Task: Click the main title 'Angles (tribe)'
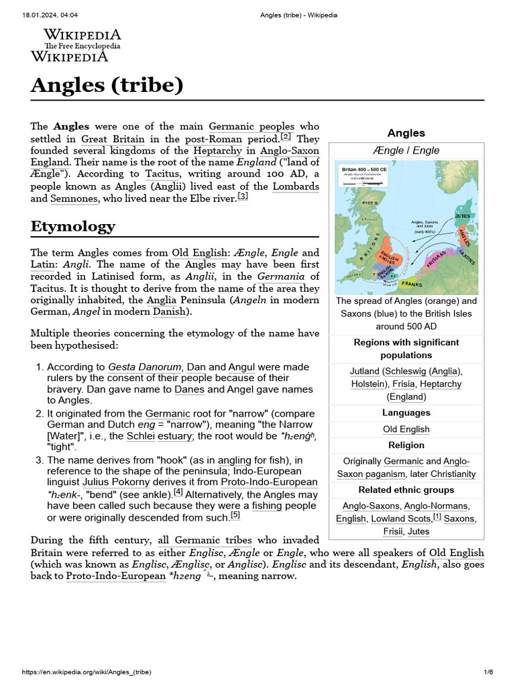tap(107, 85)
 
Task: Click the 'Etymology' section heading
tap(73, 227)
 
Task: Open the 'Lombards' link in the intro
tap(296, 186)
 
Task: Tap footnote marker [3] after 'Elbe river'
tap(242, 196)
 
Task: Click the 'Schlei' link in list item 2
tap(140, 436)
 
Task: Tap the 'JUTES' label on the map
tap(463, 216)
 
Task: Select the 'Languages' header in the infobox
tap(406, 413)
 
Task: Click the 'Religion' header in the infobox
tap(406, 445)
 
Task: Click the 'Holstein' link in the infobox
tap(369, 384)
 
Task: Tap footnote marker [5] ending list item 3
tap(235, 515)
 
